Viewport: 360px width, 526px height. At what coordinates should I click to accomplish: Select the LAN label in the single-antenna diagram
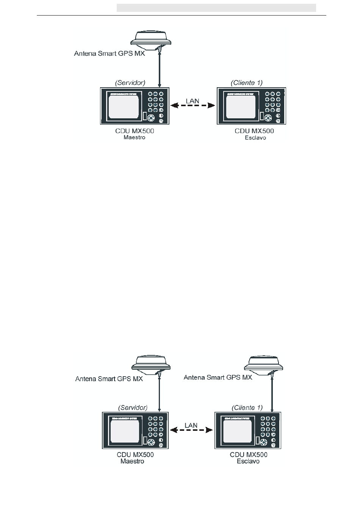(x=193, y=101)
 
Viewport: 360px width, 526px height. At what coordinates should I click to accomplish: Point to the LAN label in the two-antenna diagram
(x=191, y=425)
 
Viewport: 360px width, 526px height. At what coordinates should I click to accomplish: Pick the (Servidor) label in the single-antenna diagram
(x=130, y=82)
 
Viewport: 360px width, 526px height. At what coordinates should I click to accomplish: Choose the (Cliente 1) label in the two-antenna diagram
(x=247, y=408)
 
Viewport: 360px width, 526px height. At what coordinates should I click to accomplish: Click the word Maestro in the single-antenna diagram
(x=134, y=137)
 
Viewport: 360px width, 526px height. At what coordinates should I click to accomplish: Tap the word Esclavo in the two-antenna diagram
(x=248, y=461)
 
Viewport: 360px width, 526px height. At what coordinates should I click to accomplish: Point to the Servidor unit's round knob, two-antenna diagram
(x=151, y=443)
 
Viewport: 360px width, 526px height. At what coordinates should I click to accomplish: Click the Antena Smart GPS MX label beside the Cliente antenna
(x=218, y=377)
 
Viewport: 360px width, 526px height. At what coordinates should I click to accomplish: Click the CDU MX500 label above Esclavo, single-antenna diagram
(x=254, y=131)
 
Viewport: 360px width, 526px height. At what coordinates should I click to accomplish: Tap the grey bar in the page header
(x=216, y=8)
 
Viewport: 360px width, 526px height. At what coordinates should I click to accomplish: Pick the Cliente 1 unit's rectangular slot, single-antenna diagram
(x=261, y=116)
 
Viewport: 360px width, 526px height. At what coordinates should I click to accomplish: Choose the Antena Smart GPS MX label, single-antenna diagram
(x=110, y=53)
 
